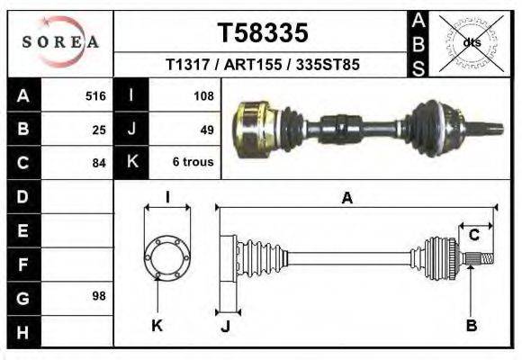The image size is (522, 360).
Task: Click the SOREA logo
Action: pyautogui.click(x=59, y=41)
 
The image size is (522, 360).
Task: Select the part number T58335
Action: pyautogui.click(x=263, y=33)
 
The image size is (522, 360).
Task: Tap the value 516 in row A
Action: pyautogui.click(x=95, y=94)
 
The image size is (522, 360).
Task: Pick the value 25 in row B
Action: pyautogui.click(x=99, y=129)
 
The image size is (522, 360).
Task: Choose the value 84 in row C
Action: pyautogui.click(x=99, y=163)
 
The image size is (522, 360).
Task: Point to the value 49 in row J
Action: pyautogui.click(x=206, y=129)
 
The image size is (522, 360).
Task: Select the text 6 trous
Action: pyautogui.click(x=193, y=163)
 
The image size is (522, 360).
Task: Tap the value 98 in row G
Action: pyautogui.click(x=99, y=296)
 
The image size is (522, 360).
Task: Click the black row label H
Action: pyautogui.click(x=22, y=332)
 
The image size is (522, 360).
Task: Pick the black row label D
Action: pyautogui.click(x=22, y=195)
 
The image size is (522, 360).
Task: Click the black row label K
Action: pyautogui.click(x=131, y=162)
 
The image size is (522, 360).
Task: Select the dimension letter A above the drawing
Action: pyautogui.click(x=346, y=199)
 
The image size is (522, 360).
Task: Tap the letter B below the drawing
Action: pyautogui.click(x=471, y=325)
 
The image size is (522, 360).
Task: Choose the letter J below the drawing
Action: pyautogui.click(x=226, y=326)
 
